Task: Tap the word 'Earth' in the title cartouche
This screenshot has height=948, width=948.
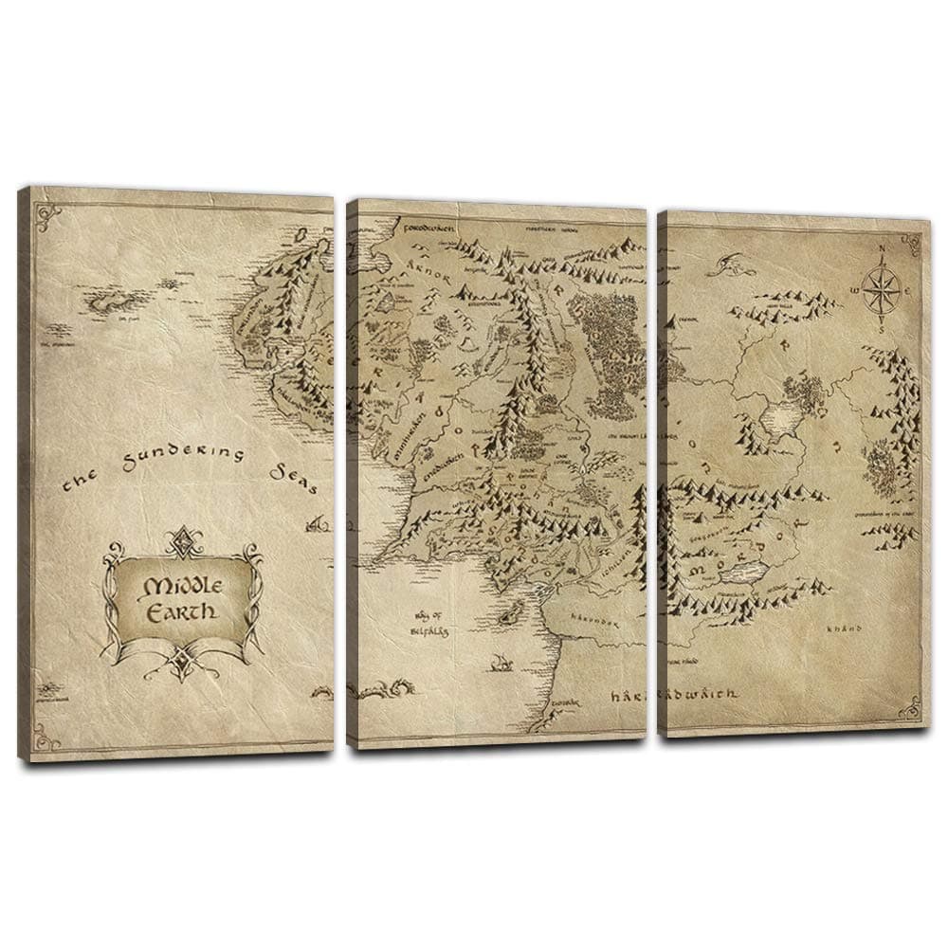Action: tap(181, 611)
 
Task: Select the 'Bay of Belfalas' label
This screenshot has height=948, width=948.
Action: tap(429, 622)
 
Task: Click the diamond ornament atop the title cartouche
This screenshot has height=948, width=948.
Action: tap(180, 541)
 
